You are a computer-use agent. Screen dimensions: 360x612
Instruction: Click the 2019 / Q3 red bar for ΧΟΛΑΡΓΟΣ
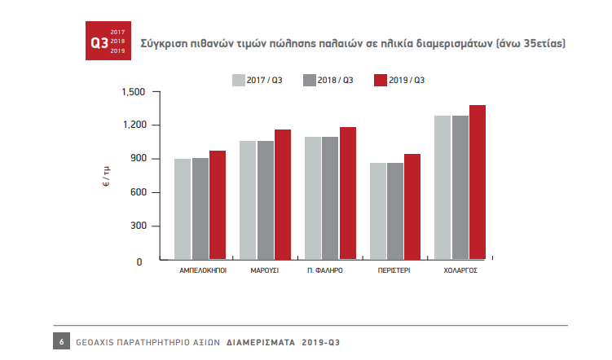click(x=478, y=182)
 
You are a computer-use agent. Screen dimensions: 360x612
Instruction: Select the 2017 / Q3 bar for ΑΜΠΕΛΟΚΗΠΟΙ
click(x=183, y=209)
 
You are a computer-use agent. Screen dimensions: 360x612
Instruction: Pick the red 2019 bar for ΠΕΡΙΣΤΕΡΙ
click(x=412, y=207)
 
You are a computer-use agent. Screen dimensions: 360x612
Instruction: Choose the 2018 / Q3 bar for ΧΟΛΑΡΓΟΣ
click(x=460, y=188)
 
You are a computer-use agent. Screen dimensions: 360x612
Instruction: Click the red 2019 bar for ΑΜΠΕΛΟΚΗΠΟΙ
click(x=218, y=205)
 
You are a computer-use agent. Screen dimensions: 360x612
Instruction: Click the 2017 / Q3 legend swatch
click(x=239, y=80)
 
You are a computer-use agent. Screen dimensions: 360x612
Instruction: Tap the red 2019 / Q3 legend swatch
click(x=379, y=80)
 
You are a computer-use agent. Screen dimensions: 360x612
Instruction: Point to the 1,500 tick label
click(x=132, y=92)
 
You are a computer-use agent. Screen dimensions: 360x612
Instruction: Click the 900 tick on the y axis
click(x=137, y=159)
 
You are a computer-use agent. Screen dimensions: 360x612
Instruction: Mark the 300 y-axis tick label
click(x=137, y=226)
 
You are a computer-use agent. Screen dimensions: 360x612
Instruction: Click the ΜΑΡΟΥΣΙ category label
click(x=265, y=269)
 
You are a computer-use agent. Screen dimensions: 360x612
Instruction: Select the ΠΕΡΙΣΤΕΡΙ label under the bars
click(x=395, y=269)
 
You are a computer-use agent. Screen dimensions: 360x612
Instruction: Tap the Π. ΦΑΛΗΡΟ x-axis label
click(x=325, y=269)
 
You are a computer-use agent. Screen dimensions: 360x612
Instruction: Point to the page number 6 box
click(x=60, y=341)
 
